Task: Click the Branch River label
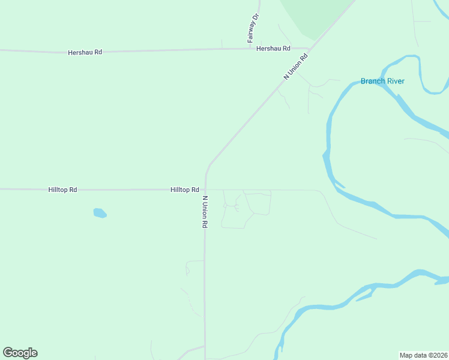[x=382, y=81]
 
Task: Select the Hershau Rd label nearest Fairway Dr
[x=273, y=49]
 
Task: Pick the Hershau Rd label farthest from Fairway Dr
[x=85, y=52]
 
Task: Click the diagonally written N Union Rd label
[x=295, y=67]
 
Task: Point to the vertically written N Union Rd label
[x=205, y=212]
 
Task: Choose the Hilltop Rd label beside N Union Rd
[x=184, y=190]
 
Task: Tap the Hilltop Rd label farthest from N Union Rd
[x=62, y=190]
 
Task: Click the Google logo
[x=20, y=353]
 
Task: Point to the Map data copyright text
[x=423, y=355]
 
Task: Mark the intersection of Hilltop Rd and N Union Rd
[x=205, y=190]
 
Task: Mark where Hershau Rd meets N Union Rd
[x=309, y=49]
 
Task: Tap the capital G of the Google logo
[x=8, y=352]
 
